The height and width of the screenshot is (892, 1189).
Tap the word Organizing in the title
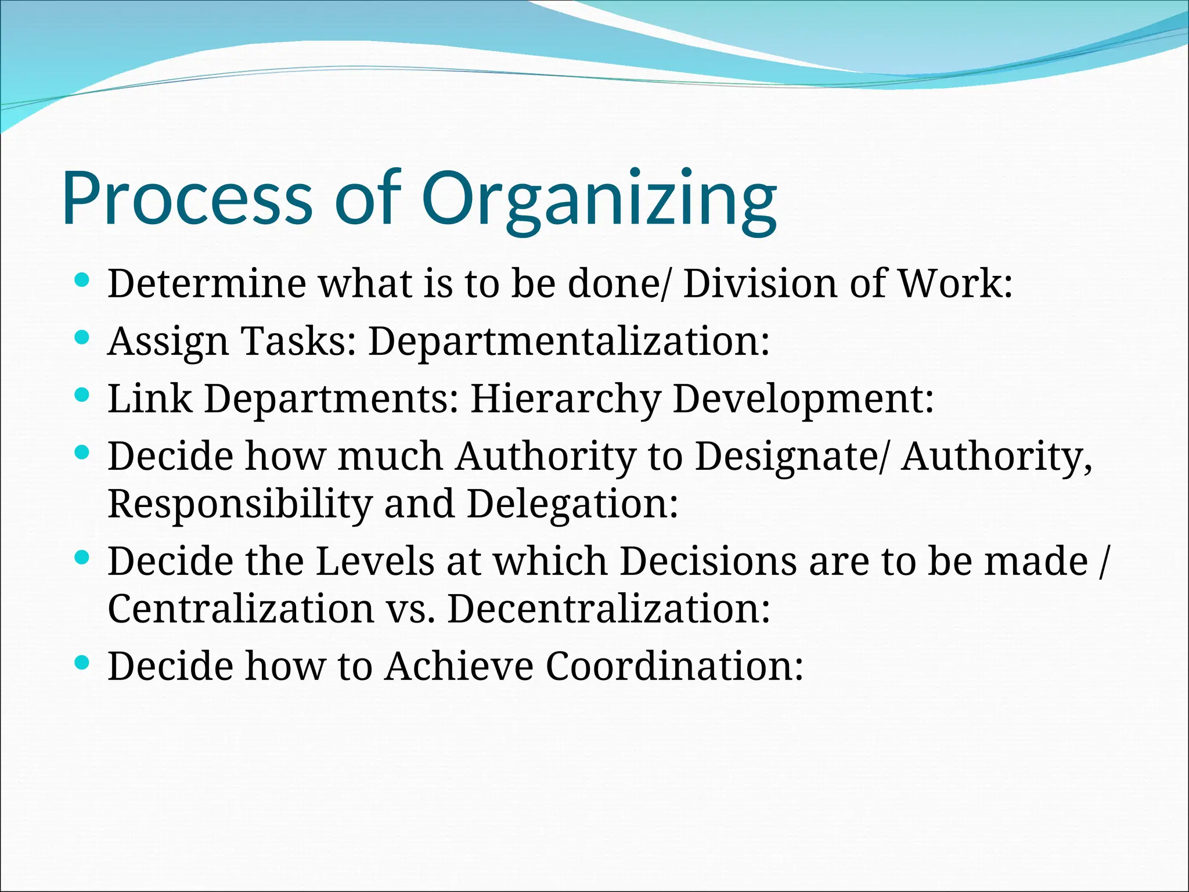click(x=598, y=200)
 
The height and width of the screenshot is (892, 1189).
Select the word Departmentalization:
click(x=569, y=341)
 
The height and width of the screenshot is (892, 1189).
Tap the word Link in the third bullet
click(x=150, y=399)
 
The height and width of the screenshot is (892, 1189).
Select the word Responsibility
click(x=240, y=505)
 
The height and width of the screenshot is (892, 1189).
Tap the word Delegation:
click(x=572, y=505)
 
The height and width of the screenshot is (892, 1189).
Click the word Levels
click(x=375, y=562)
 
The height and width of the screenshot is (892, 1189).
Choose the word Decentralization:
click(x=608, y=609)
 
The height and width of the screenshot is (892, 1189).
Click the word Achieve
click(x=459, y=666)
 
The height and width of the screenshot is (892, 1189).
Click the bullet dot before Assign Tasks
click(x=82, y=337)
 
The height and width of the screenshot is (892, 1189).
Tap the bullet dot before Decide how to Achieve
click(x=82, y=661)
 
